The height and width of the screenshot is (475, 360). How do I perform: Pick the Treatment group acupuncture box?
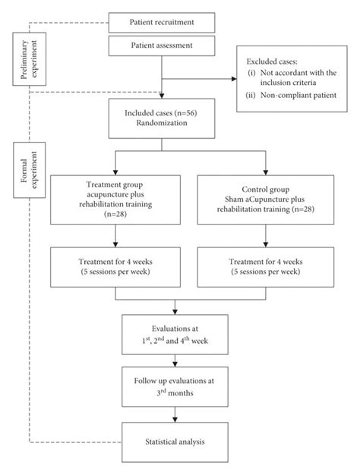click(x=113, y=199)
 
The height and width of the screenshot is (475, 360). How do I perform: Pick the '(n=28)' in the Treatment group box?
click(x=113, y=215)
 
